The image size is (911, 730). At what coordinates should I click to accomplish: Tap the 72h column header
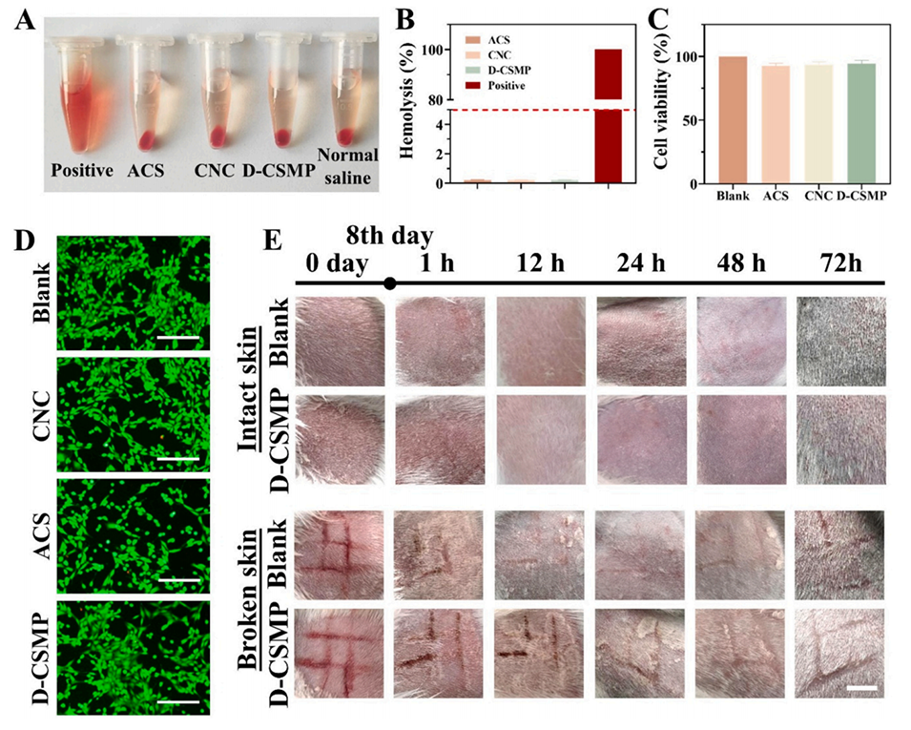pyautogui.click(x=841, y=261)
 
